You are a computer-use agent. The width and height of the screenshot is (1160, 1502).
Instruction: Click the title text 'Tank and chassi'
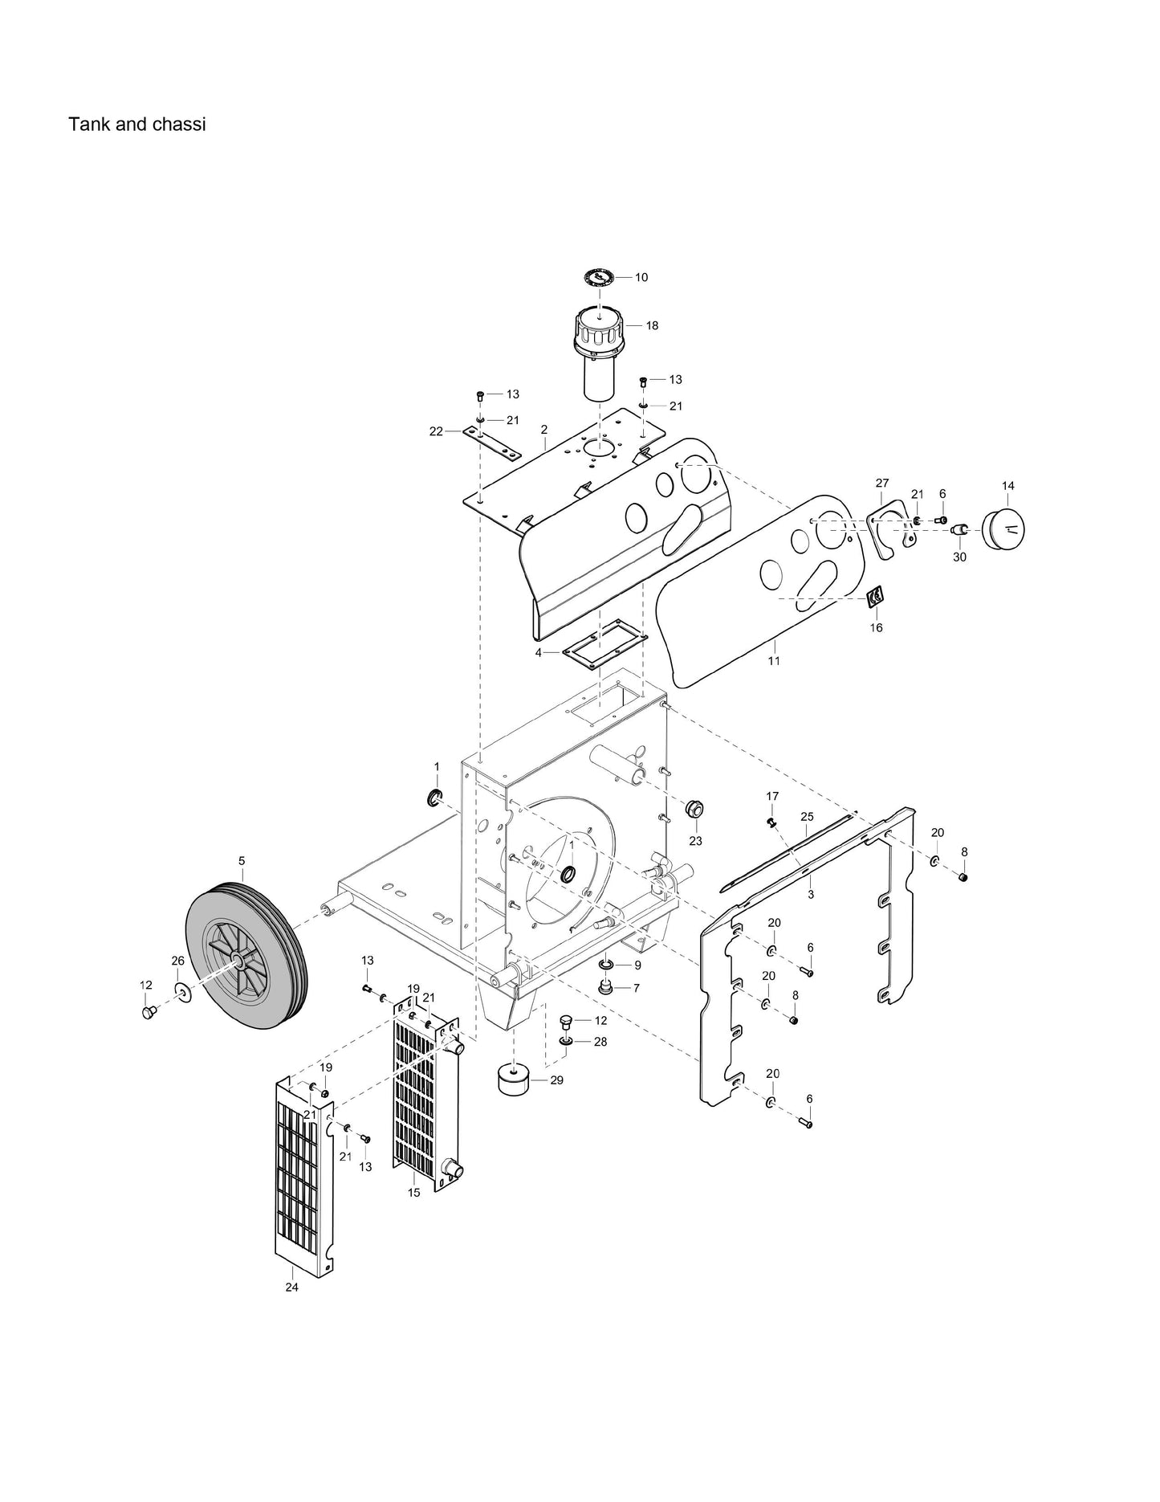136,124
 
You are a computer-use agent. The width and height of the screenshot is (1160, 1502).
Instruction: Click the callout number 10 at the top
641,277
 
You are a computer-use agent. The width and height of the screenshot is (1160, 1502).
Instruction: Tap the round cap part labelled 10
598,278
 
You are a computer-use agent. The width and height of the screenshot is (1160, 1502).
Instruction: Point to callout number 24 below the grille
291,1287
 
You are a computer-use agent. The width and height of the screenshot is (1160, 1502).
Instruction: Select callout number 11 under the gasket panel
774,661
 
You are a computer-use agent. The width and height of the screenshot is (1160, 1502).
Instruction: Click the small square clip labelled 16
876,597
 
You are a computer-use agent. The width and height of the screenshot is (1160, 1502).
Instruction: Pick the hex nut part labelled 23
694,808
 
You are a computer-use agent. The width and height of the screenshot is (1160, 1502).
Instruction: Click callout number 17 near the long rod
772,796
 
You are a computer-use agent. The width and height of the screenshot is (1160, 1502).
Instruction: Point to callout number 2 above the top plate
543,430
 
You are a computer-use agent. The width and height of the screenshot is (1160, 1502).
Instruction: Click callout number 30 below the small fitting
959,557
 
